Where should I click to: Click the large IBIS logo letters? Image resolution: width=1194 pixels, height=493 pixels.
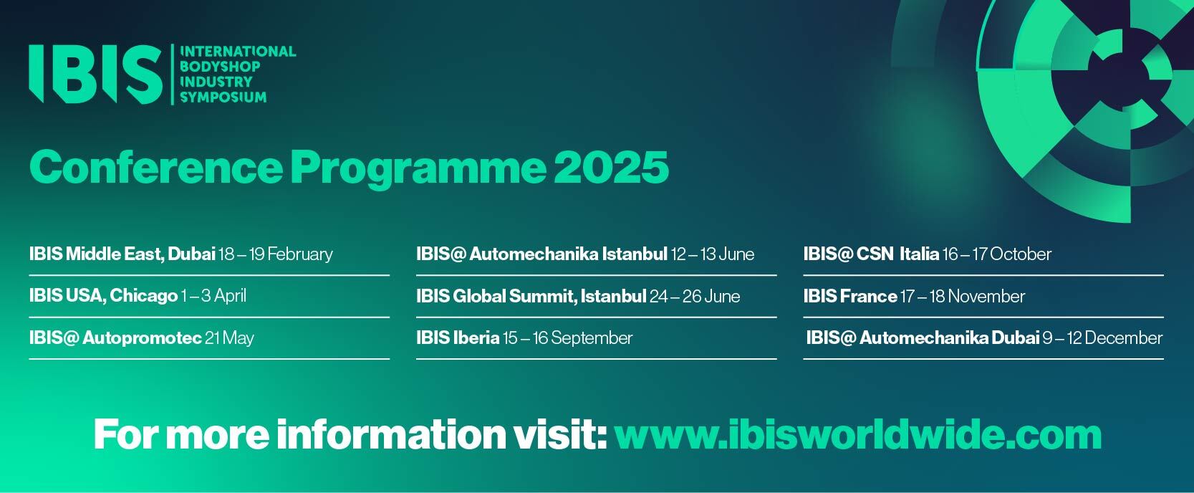click(x=95, y=74)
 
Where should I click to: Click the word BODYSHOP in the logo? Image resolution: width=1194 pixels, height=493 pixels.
click(x=220, y=67)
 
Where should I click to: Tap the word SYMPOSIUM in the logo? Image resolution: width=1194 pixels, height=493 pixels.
click(x=223, y=97)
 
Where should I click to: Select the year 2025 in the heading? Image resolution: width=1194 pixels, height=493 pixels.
click(x=612, y=167)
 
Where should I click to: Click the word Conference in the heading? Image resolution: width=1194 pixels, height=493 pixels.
click(x=155, y=167)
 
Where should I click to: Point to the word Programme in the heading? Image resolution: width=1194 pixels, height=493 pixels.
click(x=418, y=169)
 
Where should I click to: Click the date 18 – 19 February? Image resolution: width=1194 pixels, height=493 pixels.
click(x=276, y=254)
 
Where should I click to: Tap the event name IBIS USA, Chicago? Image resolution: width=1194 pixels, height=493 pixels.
click(x=103, y=296)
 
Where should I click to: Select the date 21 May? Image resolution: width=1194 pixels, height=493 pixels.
click(x=229, y=338)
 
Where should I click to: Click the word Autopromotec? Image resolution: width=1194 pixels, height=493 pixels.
click(x=142, y=338)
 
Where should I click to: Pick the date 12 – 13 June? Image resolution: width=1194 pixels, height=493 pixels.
click(x=713, y=254)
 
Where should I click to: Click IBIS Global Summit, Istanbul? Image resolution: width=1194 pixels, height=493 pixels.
click(x=531, y=296)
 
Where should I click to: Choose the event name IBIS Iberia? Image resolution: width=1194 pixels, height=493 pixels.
click(x=458, y=338)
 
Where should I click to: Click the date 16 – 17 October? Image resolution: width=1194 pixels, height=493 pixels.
click(x=997, y=254)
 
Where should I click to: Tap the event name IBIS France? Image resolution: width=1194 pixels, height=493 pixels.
click(x=850, y=296)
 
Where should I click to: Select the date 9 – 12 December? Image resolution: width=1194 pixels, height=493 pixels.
click(x=1102, y=338)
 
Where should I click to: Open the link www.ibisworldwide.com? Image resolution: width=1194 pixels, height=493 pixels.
click(x=858, y=435)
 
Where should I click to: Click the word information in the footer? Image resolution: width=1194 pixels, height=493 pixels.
click(x=390, y=434)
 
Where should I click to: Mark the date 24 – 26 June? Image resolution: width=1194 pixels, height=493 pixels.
click(x=695, y=296)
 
